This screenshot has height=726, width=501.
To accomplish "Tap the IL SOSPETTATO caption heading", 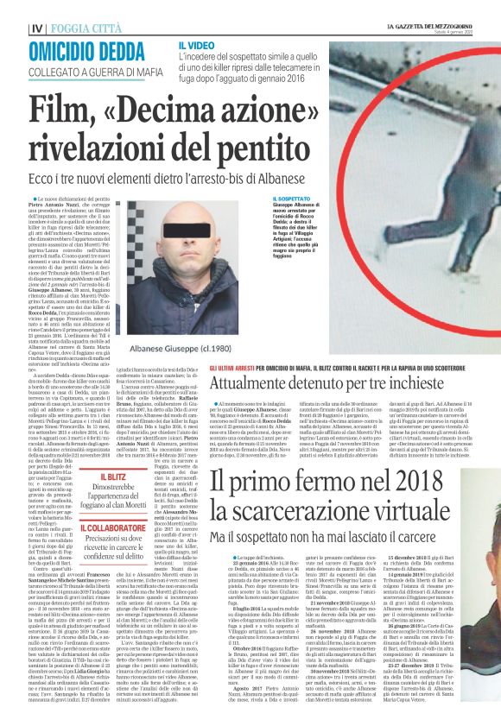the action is coord(276,198).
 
